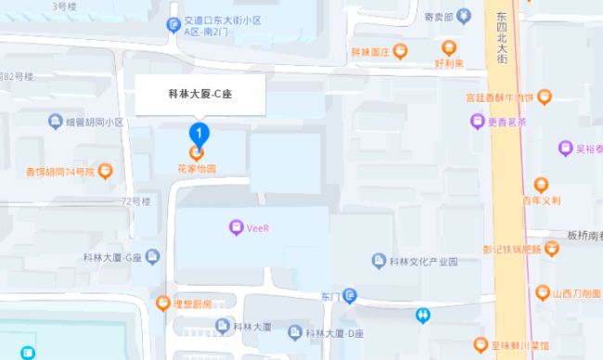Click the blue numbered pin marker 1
[197, 133]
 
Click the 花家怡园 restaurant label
[197, 169]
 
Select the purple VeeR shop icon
[236, 227]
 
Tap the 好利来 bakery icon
[449, 48]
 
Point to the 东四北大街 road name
[502, 37]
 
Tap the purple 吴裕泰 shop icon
[565, 148]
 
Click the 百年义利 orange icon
[542, 185]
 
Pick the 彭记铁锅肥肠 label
[512, 249]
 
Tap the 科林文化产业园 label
[423, 262]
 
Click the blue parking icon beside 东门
[349, 296]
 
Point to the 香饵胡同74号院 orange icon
[106, 171]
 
